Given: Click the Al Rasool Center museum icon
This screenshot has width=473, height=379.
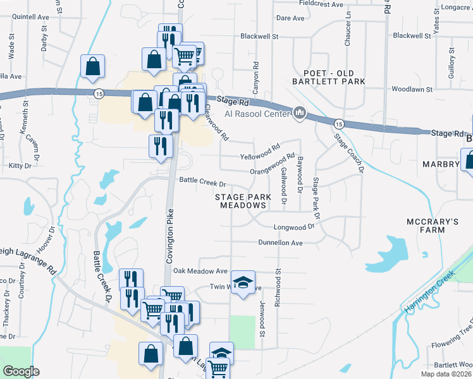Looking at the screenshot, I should click(x=300, y=114).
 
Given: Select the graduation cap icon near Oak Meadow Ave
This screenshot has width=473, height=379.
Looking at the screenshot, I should click(x=242, y=284).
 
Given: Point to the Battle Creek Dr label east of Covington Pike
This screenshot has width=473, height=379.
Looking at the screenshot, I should click(x=203, y=183).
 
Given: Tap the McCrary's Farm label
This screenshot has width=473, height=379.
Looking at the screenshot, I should click(x=433, y=227).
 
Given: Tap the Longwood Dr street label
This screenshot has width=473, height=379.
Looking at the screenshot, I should click(x=293, y=227).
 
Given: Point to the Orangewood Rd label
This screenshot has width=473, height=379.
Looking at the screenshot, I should click(x=273, y=163).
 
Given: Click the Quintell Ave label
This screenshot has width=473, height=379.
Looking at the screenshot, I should click(x=31, y=18).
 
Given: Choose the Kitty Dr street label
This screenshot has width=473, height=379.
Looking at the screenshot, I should click(x=20, y=165).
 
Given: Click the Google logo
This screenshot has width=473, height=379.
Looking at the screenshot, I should click(x=21, y=371).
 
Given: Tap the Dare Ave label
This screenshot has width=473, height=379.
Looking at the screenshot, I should click(x=291, y=18).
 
